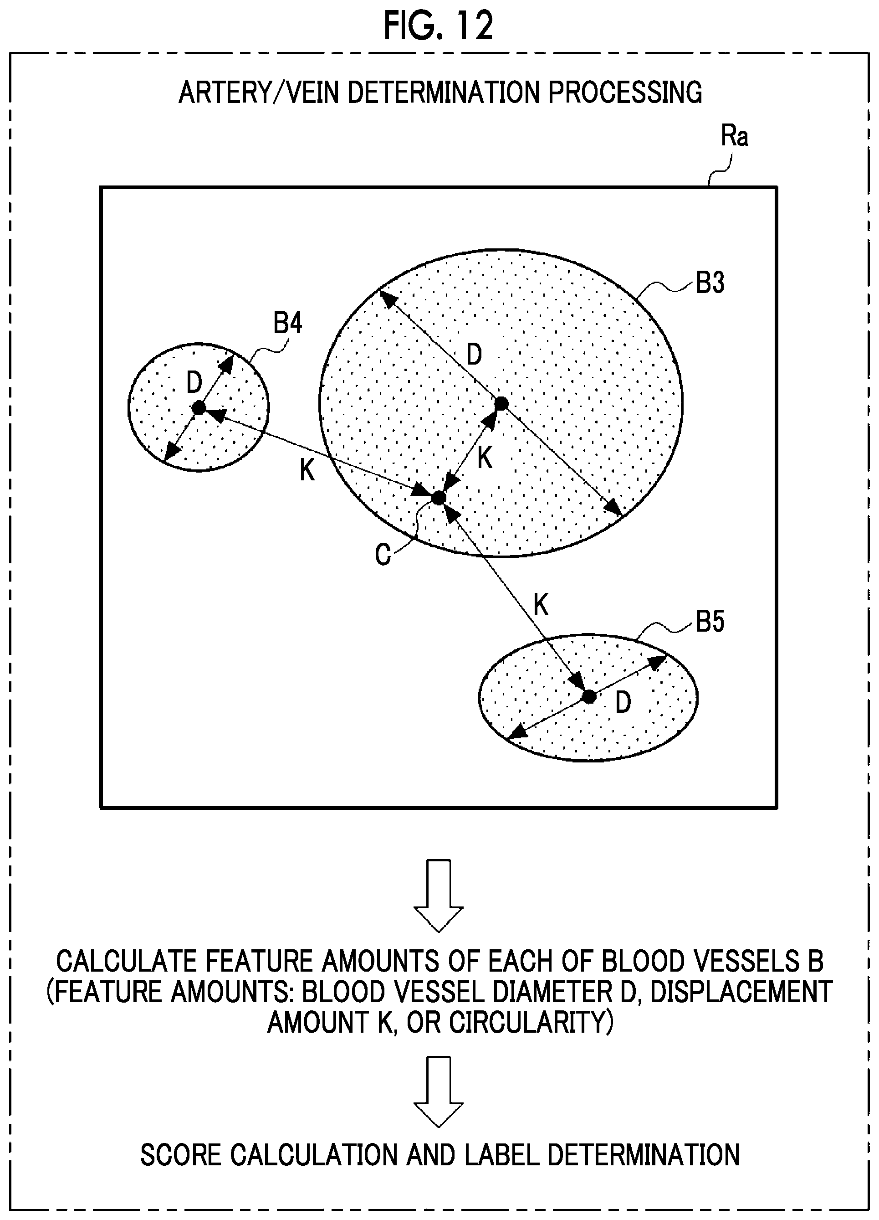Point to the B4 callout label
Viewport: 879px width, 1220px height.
click(288, 323)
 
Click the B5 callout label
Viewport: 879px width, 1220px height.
click(710, 621)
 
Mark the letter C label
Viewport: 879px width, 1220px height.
click(383, 555)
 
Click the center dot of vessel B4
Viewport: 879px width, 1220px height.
click(199, 408)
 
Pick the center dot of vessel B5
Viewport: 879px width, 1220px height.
click(589, 697)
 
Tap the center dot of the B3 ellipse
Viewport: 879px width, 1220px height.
click(501, 403)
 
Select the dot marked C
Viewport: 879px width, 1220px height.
click(439, 498)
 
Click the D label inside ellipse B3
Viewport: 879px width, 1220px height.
click(474, 355)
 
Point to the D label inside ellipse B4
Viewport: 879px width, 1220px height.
click(194, 383)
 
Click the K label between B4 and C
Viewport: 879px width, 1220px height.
click(307, 471)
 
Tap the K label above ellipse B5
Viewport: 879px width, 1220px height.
click(541, 605)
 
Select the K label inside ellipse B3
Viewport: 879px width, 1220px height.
click(485, 458)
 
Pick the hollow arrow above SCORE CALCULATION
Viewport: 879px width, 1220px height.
click(439, 1092)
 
